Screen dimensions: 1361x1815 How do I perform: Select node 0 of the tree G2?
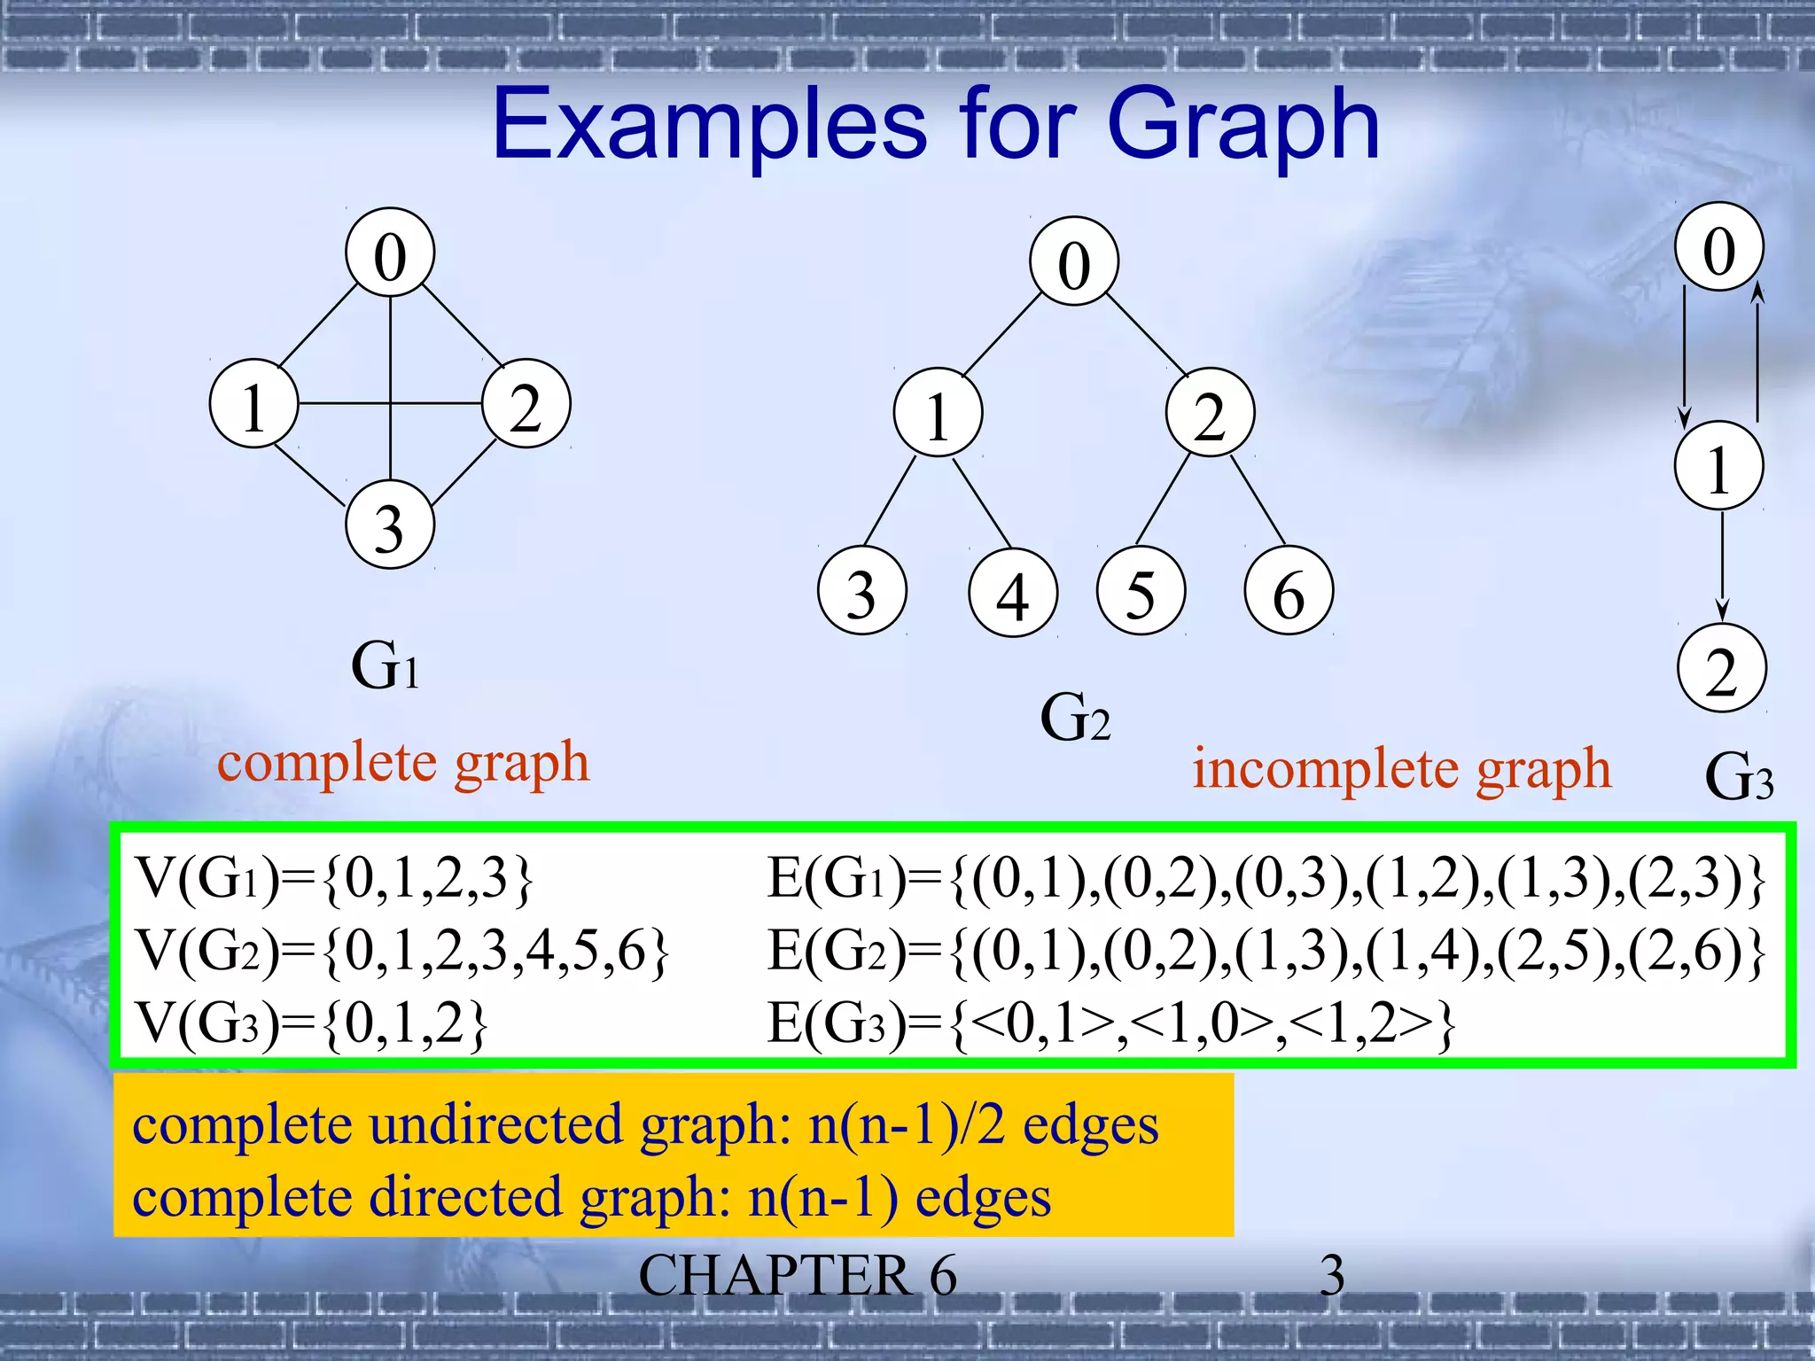click(x=1074, y=262)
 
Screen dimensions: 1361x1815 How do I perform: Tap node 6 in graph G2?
click(x=1289, y=592)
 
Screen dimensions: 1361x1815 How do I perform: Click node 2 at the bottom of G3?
click(x=1721, y=670)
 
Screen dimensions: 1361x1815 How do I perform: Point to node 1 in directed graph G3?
click(x=1718, y=466)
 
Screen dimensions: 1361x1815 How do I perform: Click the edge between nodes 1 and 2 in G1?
click(x=346, y=404)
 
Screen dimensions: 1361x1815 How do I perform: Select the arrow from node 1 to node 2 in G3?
click(x=1722, y=567)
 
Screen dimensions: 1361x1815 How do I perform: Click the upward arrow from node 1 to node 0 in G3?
click(x=1757, y=354)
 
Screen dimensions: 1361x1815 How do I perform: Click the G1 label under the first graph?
click(x=385, y=666)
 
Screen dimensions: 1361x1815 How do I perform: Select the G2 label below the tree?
click(x=1074, y=718)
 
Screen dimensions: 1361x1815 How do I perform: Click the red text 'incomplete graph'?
click(x=1400, y=769)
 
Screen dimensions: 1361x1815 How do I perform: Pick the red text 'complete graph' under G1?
click(x=403, y=762)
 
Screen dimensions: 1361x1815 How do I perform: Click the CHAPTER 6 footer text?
click(x=797, y=1276)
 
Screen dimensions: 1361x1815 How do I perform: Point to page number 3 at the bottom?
click(x=1332, y=1277)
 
